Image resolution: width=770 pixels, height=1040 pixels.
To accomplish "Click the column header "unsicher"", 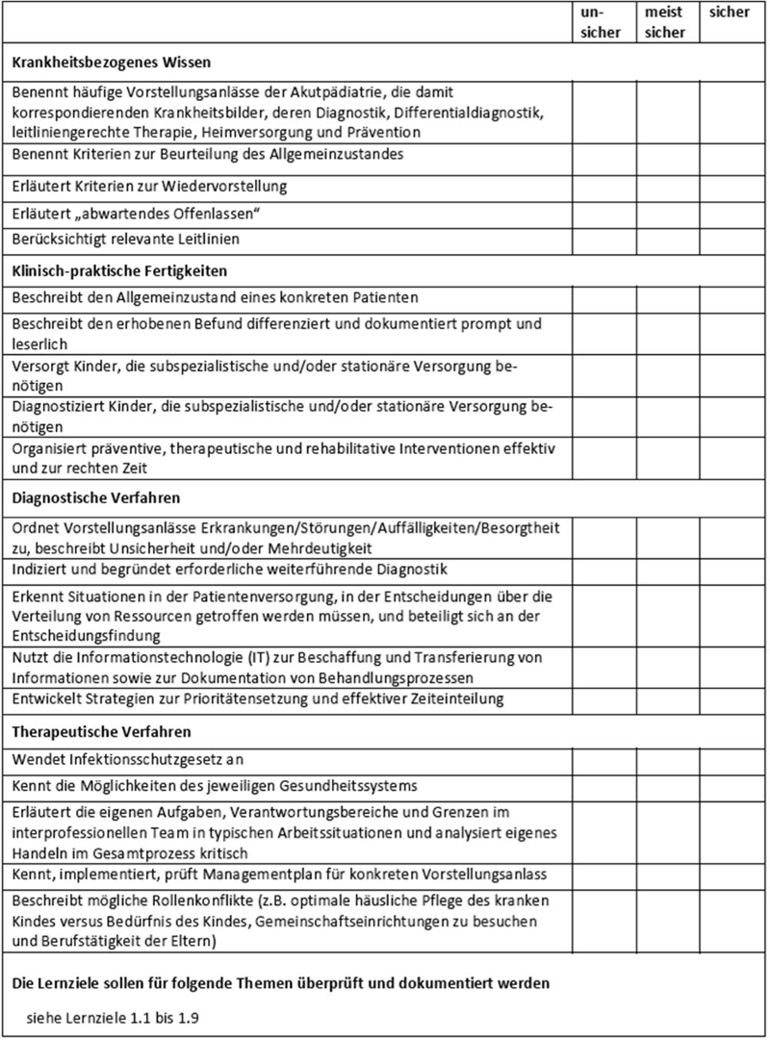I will (x=603, y=24).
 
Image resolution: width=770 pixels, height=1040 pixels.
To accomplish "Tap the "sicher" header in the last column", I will (x=729, y=13).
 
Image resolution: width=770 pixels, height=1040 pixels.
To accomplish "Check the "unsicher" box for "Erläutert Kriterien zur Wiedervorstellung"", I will (x=604, y=185).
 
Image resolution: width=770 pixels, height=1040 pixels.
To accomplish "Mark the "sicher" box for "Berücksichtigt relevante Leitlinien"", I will (x=731, y=238).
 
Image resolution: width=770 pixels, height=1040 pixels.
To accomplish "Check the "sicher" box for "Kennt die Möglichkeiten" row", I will (x=731, y=787).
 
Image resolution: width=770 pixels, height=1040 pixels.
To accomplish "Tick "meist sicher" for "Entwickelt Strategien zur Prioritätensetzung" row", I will (x=667, y=698).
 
